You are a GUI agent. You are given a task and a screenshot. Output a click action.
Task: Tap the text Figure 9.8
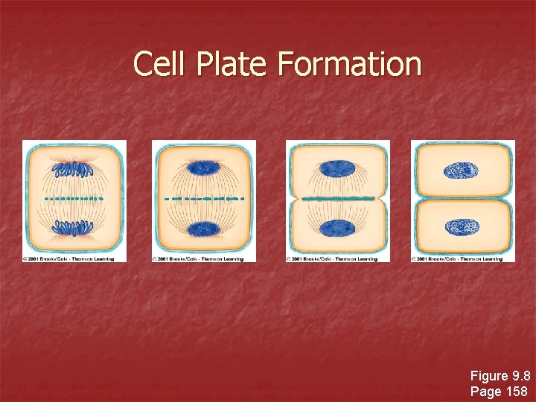500,376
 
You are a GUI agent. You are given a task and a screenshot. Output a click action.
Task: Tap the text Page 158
500,391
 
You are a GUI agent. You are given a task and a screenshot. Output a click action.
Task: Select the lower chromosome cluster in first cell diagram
74,229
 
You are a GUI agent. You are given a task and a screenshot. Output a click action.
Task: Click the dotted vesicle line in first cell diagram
74,199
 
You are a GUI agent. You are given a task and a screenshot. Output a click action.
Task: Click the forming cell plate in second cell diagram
203,199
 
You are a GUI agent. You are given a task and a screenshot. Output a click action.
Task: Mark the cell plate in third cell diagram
337,199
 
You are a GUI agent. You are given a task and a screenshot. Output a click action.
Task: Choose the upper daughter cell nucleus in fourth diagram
462,171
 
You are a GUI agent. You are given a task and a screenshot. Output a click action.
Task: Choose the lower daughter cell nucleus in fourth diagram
462,226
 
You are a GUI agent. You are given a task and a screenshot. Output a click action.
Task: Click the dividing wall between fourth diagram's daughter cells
462,198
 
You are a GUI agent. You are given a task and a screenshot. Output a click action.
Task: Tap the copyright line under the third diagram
332,258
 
